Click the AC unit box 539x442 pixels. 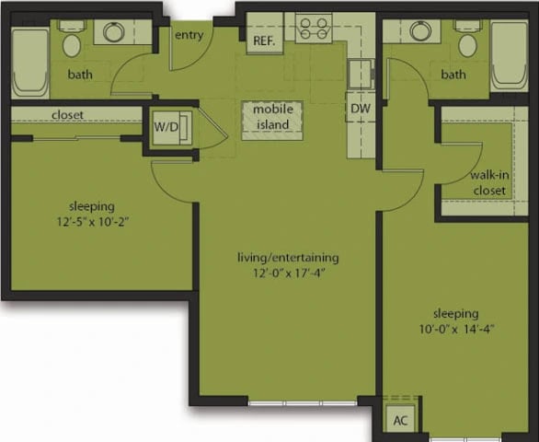pyautogui.click(x=400, y=420)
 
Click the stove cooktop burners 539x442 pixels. pyautogui.click(x=315, y=28)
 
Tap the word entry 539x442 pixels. pyautogui.click(x=189, y=35)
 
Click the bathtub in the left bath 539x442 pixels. pyautogui.click(x=29, y=60)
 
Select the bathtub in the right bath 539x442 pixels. pyautogui.click(x=508, y=54)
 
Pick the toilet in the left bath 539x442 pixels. pyautogui.click(x=72, y=41)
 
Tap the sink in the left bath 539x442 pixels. pyautogui.click(x=115, y=32)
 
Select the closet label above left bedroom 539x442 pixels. pyautogui.click(x=69, y=116)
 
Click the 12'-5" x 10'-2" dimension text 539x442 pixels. pyautogui.click(x=90, y=221)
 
